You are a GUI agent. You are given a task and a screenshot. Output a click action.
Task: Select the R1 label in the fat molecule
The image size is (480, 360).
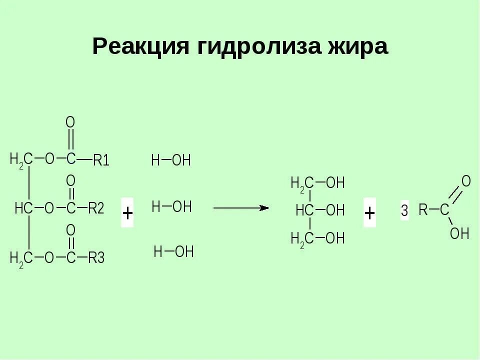[101, 160]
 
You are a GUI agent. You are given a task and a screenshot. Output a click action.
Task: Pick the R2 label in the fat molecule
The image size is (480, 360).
[96, 208]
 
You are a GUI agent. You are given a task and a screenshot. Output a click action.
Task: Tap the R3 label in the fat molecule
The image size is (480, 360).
[96, 258]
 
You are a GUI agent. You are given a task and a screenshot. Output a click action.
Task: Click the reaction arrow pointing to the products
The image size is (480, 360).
[241, 207]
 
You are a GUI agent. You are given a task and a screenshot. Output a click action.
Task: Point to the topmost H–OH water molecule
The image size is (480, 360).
[171, 160]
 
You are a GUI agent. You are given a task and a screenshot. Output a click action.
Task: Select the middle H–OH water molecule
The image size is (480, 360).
[171, 206]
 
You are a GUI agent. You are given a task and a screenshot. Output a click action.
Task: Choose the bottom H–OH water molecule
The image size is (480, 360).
[173, 252]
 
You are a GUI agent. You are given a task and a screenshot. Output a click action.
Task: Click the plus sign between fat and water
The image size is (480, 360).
[127, 213]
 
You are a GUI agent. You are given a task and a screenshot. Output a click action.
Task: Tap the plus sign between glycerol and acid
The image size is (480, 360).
[369, 213]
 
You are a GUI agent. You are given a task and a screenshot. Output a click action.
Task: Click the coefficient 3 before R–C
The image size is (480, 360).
[404, 211]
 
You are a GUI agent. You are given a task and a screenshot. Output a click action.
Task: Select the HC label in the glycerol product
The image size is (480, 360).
[304, 210]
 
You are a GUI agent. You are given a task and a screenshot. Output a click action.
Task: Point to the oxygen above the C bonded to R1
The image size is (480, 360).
[70, 122]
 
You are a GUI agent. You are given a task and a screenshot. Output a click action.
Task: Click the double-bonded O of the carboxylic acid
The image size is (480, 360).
[466, 181]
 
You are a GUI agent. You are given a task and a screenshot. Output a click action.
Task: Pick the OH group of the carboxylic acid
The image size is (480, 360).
[459, 233]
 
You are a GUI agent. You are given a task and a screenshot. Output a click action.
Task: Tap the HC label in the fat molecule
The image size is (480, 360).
[23, 208]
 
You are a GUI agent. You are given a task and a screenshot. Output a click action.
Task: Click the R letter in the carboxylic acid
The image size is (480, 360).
[423, 210]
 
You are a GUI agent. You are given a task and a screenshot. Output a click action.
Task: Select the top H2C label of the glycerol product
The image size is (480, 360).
[302, 183]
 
